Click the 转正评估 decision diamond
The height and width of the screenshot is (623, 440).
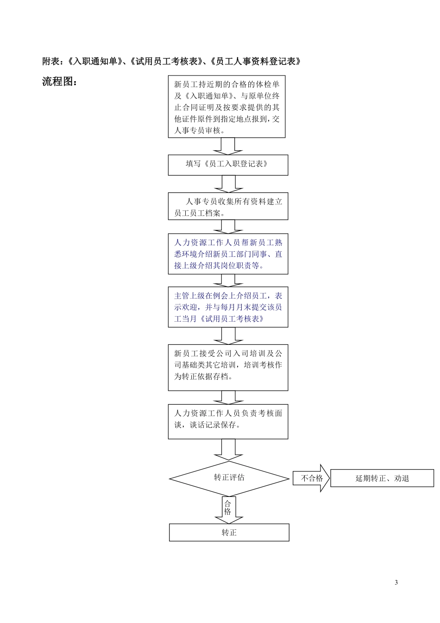pos(229,478)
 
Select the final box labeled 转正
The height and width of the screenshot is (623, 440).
pos(229,533)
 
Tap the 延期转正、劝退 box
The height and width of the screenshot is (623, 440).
pos(382,478)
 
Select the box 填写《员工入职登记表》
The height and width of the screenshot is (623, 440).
pos(228,165)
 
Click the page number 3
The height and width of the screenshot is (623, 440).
pos(396,583)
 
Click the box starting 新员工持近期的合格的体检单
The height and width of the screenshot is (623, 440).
pos(226,107)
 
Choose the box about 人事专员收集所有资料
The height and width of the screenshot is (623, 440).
pos(228,206)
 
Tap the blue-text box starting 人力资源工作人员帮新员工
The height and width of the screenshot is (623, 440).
pos(228,254)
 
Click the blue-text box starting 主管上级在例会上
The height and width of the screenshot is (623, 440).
pos(228,307)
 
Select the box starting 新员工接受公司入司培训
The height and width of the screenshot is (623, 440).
pos(228,367)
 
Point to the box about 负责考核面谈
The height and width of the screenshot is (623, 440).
pos(228,421)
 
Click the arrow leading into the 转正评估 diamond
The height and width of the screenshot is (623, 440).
pos(228,450)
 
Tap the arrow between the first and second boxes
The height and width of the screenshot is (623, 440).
pos(228,146)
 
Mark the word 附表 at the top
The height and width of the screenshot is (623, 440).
pos(50,61)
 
